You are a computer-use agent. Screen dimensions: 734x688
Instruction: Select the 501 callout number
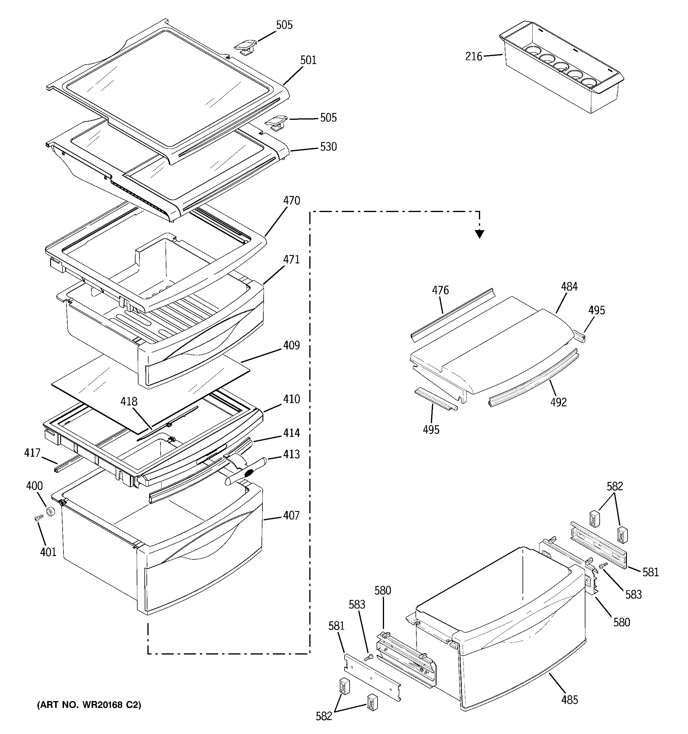tap(308, 60)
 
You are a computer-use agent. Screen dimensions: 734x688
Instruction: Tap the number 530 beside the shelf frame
tap(328, 147)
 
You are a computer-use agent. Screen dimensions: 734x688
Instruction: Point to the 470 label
tap(292, 201)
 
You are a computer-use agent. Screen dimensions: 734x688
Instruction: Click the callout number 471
tap(292, 260)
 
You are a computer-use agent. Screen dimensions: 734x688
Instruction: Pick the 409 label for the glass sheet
tap(292, 345)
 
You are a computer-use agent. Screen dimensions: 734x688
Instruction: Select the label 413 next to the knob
tap(292, 455)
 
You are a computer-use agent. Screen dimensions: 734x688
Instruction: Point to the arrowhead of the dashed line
tap(479, 234)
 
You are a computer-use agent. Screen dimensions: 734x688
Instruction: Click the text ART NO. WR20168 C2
tap(89, 705)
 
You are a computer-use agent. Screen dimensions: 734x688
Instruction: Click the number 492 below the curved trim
tap(558, 402)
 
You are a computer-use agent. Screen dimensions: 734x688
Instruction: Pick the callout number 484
tap(569, 286)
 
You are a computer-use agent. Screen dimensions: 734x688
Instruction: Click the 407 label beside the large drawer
tap(292, 515)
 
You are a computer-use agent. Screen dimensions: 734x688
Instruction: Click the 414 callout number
tap(292, 433)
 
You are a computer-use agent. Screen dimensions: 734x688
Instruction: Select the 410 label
tap(292, 399)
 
